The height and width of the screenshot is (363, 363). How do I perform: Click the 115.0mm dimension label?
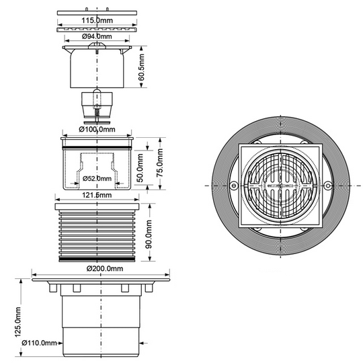point(97,20)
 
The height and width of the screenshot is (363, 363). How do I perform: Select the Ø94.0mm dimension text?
point(97,36)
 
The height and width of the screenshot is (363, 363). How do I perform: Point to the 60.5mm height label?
point(141,67)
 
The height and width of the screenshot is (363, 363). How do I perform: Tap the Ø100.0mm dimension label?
point(97,129)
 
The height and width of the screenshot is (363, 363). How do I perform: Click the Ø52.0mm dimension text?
point(97,179)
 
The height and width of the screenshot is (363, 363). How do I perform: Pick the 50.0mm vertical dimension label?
point(140,168)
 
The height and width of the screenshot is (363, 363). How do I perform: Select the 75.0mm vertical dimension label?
point(160,163)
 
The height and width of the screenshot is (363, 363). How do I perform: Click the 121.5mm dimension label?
point(97,195)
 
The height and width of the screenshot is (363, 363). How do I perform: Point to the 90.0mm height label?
point(149,235)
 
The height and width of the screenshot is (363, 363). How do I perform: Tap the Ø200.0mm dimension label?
point(105,268)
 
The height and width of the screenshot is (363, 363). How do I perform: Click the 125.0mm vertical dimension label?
point(18,322)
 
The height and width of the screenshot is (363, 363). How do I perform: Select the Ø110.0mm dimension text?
point(39,343)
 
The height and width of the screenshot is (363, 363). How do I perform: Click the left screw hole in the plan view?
point(234,186)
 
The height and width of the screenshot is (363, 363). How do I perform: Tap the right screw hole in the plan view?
point(327,186)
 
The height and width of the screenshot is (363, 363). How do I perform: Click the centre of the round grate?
point(280,186)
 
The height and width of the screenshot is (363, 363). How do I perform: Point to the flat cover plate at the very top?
point(97,13)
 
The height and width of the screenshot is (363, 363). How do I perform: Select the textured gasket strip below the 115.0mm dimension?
point(97,30)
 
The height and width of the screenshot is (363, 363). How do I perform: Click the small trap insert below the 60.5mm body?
point(97,106)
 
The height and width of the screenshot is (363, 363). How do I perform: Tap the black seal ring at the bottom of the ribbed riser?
point(97,259)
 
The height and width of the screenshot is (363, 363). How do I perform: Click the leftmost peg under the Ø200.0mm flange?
point(53,288)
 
